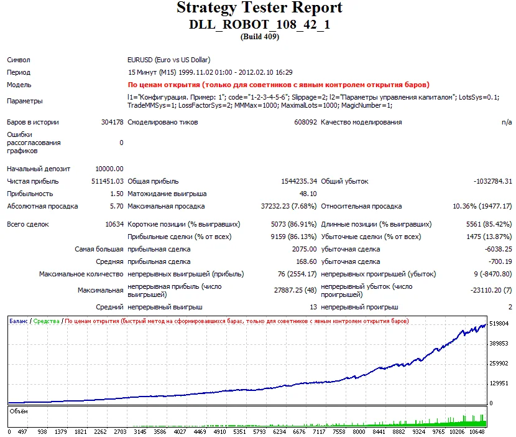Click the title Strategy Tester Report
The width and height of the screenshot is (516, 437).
(259, 8)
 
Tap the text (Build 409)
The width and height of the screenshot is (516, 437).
(259, 36)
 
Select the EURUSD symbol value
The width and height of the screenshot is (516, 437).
(168, 60)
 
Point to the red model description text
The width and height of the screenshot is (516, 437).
(278, 85)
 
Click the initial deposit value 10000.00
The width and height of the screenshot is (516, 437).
(109, 169)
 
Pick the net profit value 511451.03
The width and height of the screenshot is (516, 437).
(108, 181)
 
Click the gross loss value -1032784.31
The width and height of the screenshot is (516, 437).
(492, 181)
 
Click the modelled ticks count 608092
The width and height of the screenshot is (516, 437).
(305, 123)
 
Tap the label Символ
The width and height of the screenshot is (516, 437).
(19, 60)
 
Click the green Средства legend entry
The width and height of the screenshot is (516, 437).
(47, 321)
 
